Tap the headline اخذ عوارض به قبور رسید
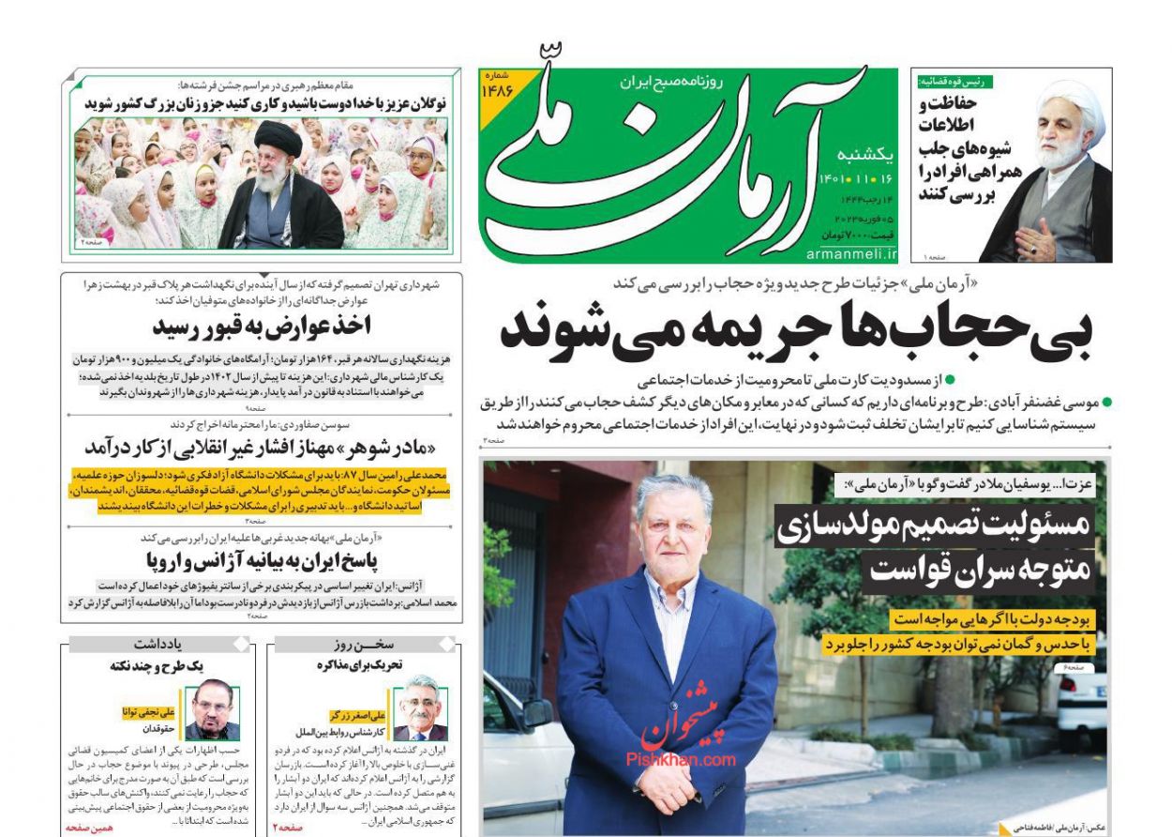coord(262,327)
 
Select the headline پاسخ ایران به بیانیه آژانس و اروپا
coord(262,560)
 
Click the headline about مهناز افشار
coord(262,447)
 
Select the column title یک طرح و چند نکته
coord(158,664)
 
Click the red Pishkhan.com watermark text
coord(681,761)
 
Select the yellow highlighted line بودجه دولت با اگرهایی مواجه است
coord(992,619)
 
